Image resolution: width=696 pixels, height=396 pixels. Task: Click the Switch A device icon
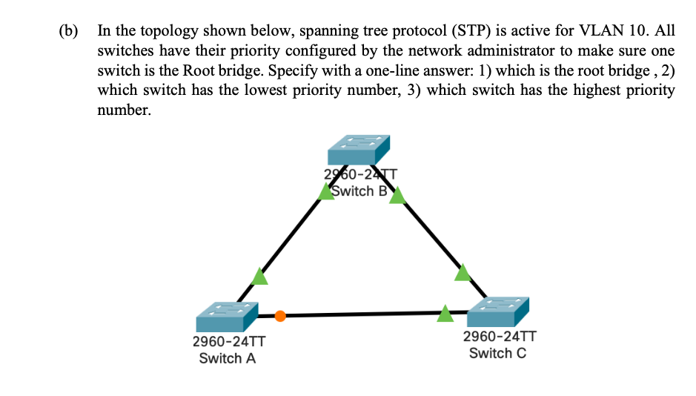[x=227, y=317]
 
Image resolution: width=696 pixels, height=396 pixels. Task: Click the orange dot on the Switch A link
[x=279, y=316]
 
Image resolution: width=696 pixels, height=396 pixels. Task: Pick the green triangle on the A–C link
[x=445, y=314]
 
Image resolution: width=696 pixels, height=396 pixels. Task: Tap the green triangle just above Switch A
[x=259, y=277]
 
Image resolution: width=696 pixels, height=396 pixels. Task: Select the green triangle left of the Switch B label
[x=326, y=192]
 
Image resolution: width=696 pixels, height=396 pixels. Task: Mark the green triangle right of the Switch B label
[x=397, y=195]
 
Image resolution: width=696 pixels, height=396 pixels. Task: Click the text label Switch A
[x=228, y=359]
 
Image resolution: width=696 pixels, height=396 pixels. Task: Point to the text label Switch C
[x=497, y=353]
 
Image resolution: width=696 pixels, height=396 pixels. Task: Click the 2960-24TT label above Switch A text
[x=228, y=343]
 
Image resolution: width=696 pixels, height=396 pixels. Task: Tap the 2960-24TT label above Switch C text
[x=498, y=337]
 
